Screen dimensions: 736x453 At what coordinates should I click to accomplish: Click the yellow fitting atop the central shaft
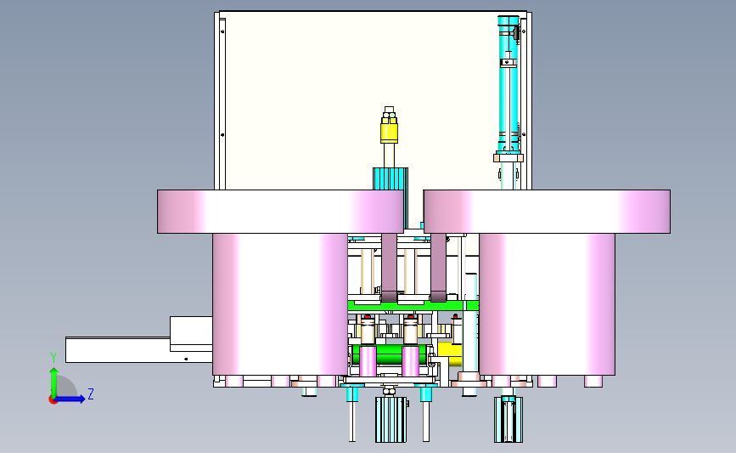[x=389, y=130]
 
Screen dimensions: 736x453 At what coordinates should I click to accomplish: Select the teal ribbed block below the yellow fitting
[x=390, y=179]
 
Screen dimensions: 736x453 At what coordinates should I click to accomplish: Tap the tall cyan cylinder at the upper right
[x=508, y=85]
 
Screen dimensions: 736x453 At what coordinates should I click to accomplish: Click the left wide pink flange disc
[x=280, y=212]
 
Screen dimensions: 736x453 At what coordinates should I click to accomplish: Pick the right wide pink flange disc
[x=547, y=212]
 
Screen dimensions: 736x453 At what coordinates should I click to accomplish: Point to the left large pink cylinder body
[x=280, y=304]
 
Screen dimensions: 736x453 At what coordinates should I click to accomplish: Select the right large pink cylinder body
[x=547, y=304]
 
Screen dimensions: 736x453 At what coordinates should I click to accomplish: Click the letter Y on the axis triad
[x=53, y=358]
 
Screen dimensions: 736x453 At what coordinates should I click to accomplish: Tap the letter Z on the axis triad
[x=91, y=394]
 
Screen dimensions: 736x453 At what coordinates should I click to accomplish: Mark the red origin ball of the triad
[x=53, y=400]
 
